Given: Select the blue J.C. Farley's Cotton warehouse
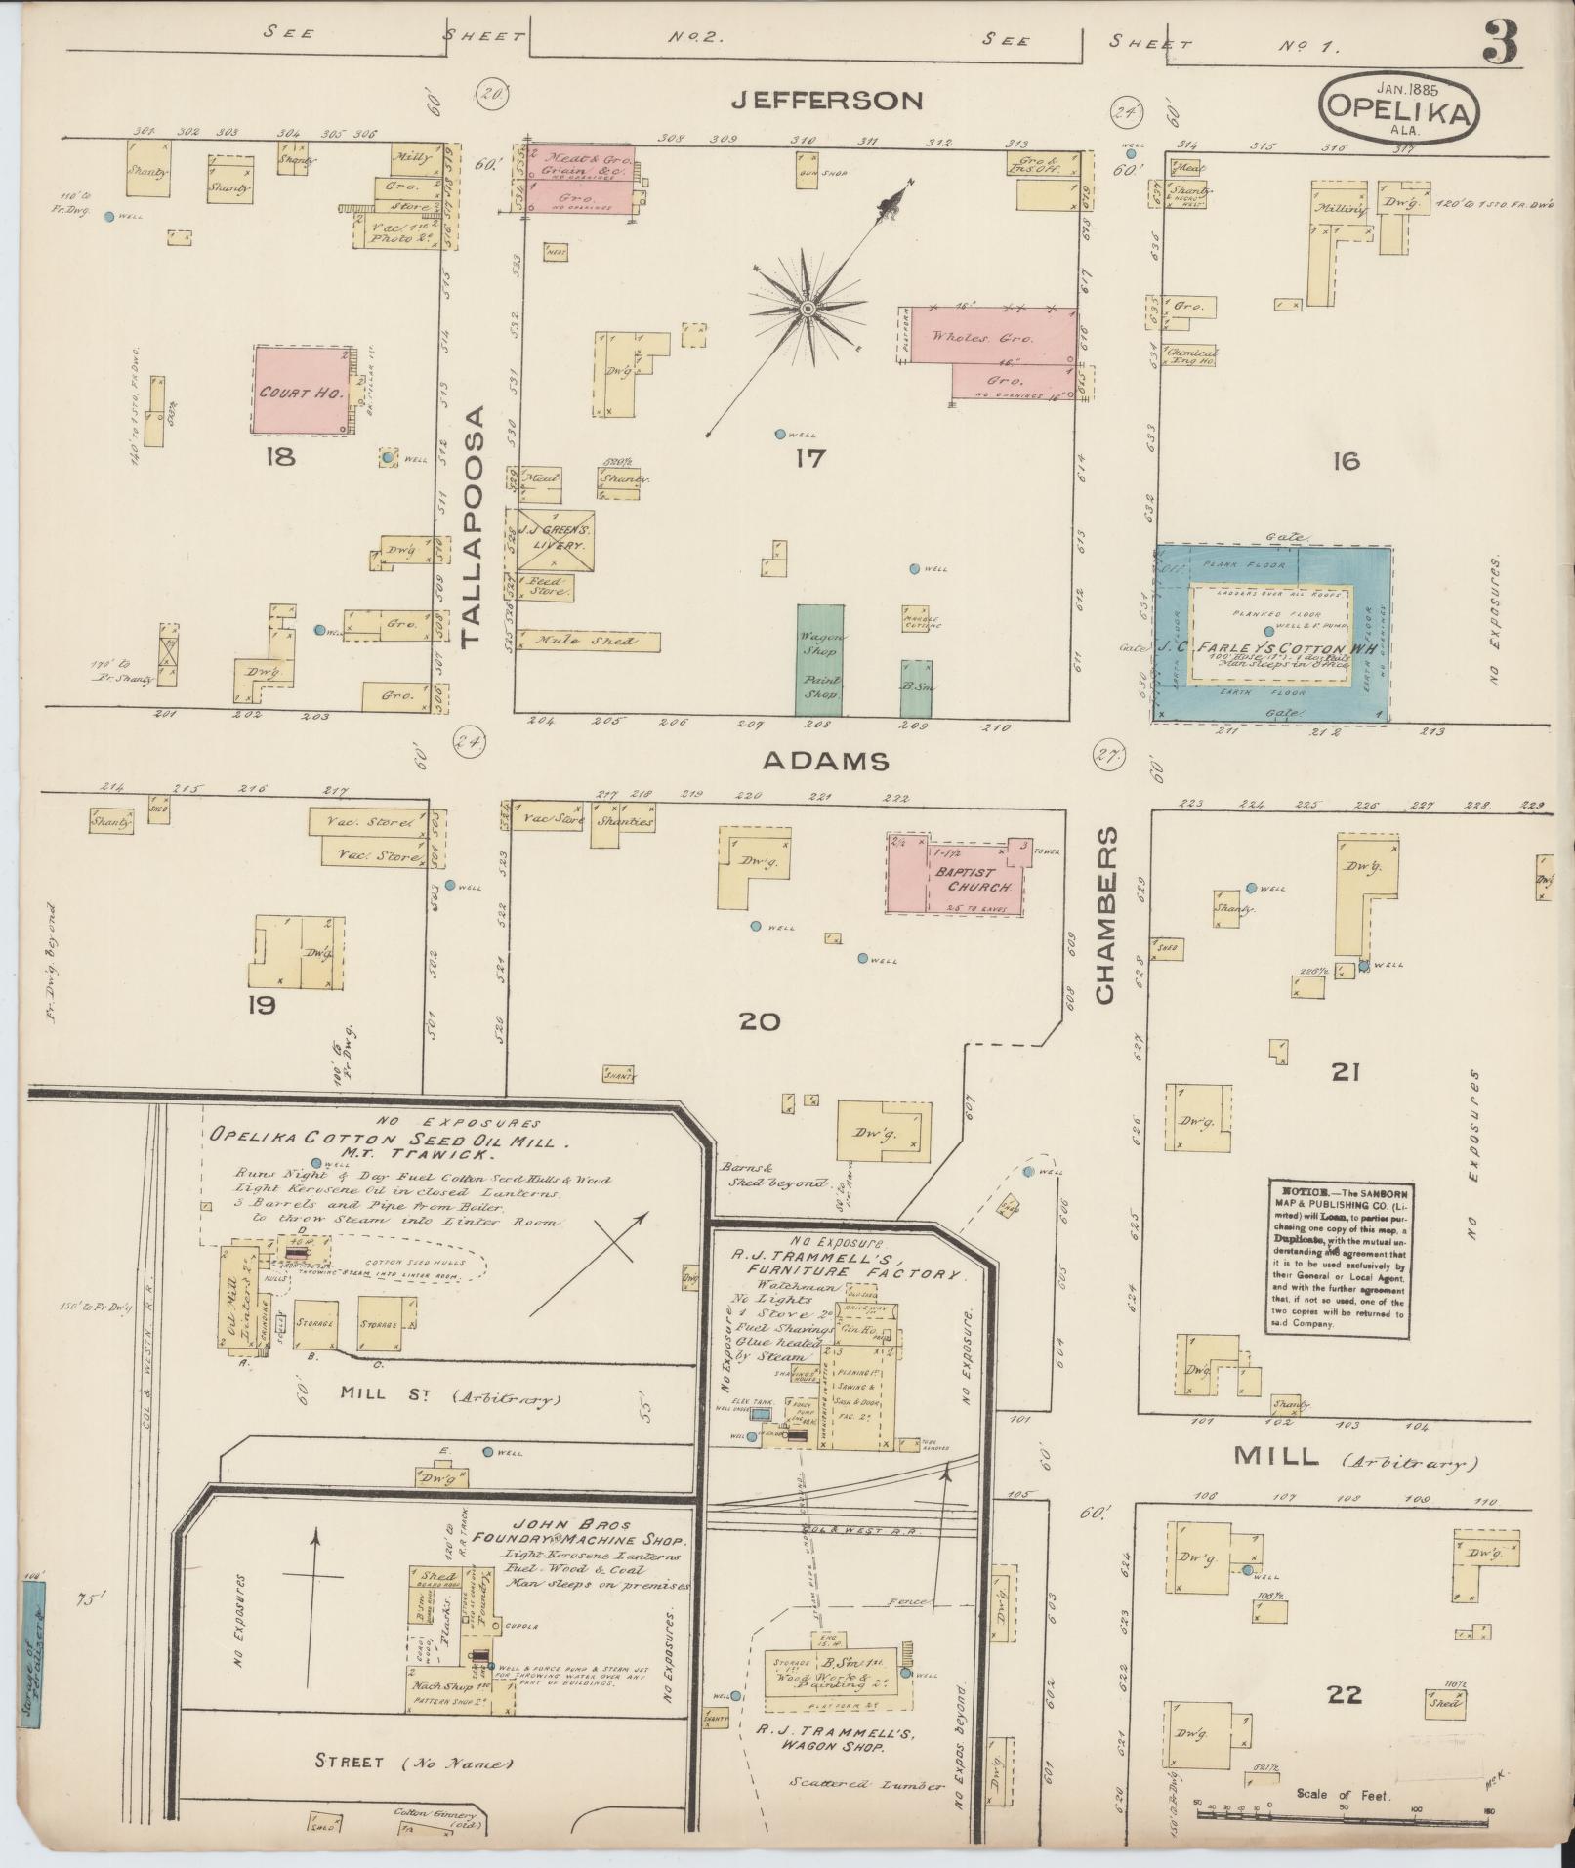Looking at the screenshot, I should [x=1274, y=634].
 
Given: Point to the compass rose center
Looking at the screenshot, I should [x=808, y=310].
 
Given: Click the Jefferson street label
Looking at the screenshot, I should [x=827, y=100].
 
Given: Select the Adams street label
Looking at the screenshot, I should [x=825, y=761].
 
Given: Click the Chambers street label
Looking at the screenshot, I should [x=1104, y=916].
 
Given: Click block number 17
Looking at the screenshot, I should [x=809, y=457].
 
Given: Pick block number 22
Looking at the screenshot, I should [x=1344, y=1694].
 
